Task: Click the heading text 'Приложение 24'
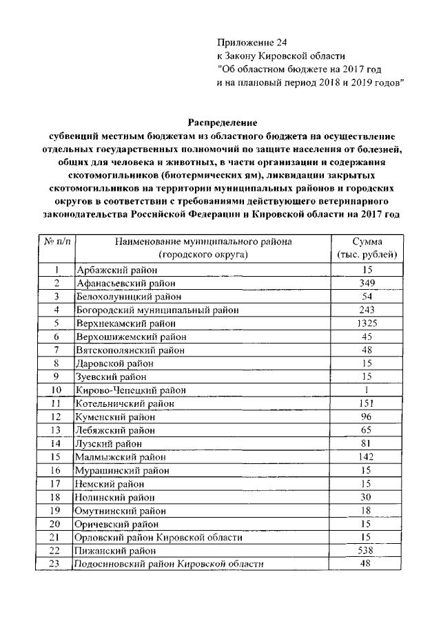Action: [247, 42]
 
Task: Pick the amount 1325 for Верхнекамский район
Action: [366, 323]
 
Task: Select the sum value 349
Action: [366, 283]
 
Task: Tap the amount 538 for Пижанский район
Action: [366, 551]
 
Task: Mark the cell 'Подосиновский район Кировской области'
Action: [170, 564]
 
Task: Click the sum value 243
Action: [366, 310]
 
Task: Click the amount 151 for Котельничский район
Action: [366, 403]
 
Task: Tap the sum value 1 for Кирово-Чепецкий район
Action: [366, 390]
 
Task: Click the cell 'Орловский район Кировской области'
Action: [159, 537]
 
